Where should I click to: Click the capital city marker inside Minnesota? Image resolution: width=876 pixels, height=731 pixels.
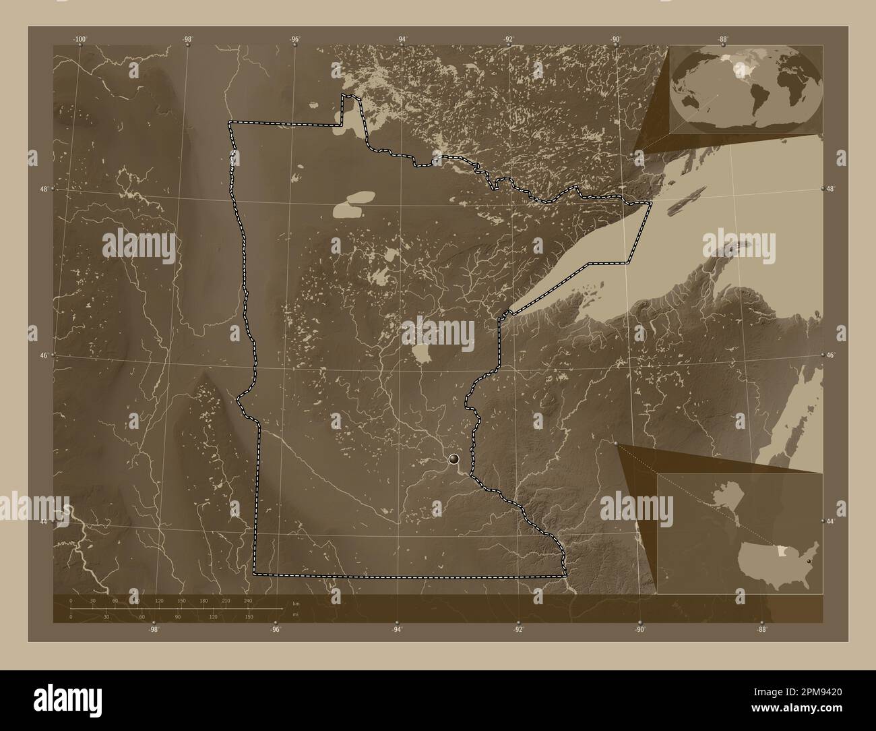pyautogui.click(x=453, y=459)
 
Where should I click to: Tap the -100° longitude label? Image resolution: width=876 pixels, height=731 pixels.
pyautogui.click(x=80, y=40)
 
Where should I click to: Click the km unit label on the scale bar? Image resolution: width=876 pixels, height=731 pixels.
pyautogui.click(x=295, y=603)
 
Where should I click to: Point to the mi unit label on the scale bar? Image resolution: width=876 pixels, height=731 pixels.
pyautogui.click(x=295, y=614)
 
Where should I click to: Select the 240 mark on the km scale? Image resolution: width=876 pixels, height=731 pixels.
pyautogui.click(x=248, y=600)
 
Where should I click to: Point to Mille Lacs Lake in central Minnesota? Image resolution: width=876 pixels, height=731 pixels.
pyautogui.click(x=423, y=353)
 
